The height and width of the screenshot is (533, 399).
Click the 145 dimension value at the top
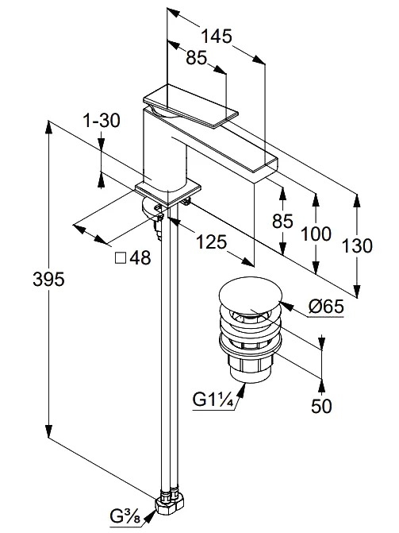(217, 36)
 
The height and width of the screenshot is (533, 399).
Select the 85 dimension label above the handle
(196, 58)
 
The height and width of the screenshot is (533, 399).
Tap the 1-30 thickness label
(102, 120)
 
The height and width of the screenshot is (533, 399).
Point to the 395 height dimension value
(48, 280)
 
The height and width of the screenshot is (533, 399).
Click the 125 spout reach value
(212, 242)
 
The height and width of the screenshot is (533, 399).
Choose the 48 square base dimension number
(140, 258)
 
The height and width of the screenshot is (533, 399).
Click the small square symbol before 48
(121, 258)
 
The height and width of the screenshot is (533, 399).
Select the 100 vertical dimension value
(316, 234)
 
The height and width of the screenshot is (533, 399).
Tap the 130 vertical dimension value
(356, 245)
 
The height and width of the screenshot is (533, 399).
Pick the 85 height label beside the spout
(282, 221)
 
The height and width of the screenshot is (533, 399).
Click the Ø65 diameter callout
(326, 307)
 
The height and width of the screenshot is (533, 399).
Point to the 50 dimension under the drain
(321, 406)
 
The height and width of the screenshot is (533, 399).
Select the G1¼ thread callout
(213, 400)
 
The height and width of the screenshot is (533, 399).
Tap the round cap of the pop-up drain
(251, 295)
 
